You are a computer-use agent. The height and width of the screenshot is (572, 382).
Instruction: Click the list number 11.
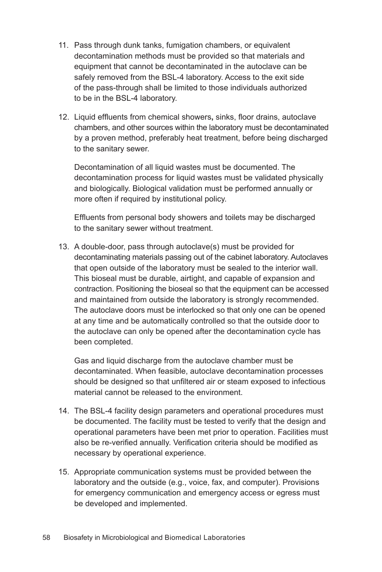coord(64,45)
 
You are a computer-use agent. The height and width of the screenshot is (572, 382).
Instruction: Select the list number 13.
coord(64,247)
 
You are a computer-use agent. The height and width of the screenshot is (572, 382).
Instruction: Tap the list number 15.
coord(64,472)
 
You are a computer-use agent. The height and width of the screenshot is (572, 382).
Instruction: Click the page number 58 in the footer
coord(46,537)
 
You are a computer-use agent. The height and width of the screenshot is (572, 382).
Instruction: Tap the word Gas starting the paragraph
coord(81,361)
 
